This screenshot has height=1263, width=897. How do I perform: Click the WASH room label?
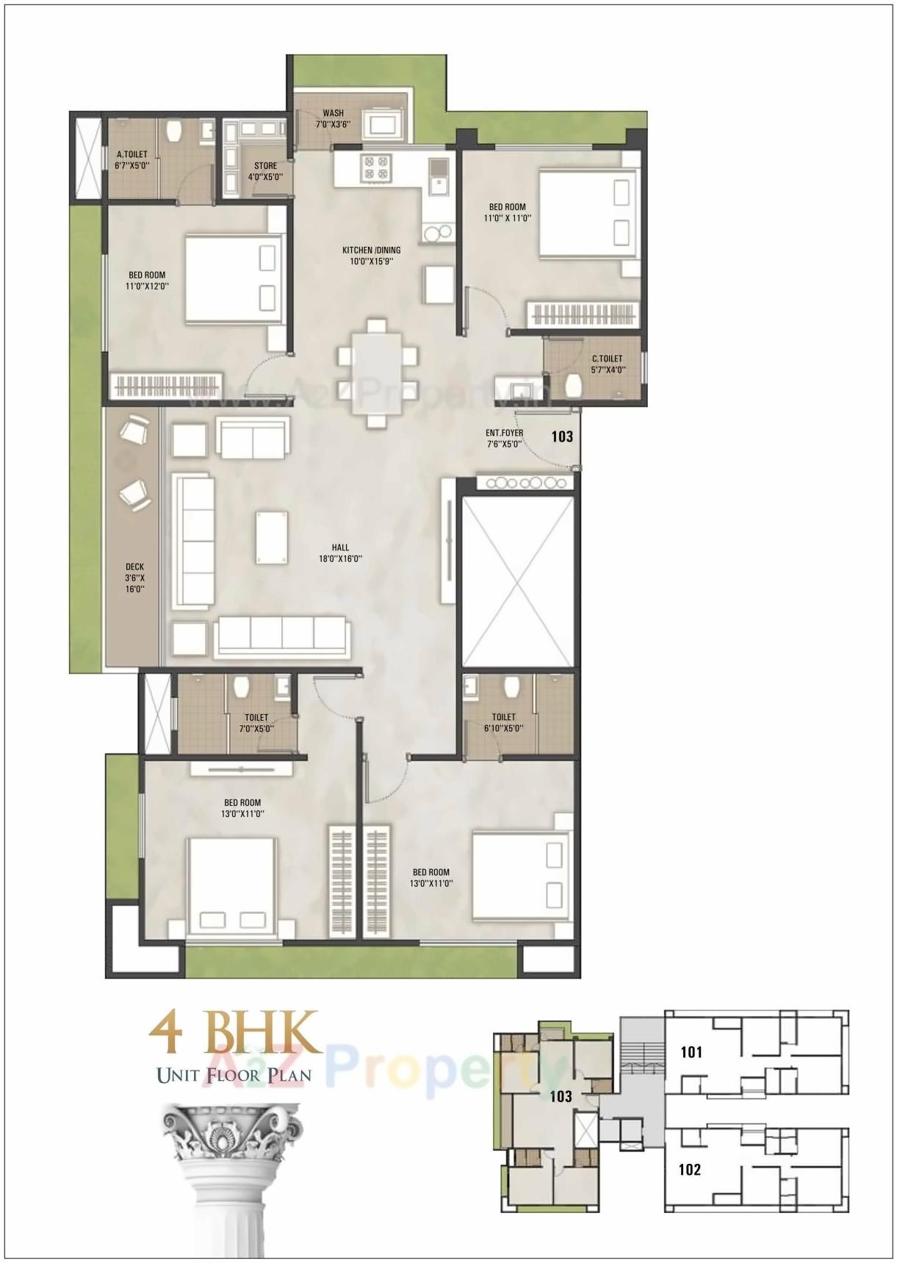point(333,119)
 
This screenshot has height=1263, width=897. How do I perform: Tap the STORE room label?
point(265,171)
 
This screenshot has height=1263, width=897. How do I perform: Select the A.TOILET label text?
point(132,160)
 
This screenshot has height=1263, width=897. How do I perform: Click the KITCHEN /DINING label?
point(371,255)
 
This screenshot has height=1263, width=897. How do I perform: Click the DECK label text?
point(134,577)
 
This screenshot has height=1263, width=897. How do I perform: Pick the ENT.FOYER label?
point(505,439)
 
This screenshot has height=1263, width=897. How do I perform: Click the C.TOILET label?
point(608,364)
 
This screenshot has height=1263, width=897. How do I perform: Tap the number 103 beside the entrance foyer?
point(562,436)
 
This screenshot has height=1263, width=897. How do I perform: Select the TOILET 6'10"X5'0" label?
point(503,722)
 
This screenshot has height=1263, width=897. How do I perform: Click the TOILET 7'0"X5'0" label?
point(256,722)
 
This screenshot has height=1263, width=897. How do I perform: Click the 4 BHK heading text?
point(235,1032)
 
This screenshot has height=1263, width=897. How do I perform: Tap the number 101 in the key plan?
point(691,1052)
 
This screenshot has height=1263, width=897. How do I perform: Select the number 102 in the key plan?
point(690,1170)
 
